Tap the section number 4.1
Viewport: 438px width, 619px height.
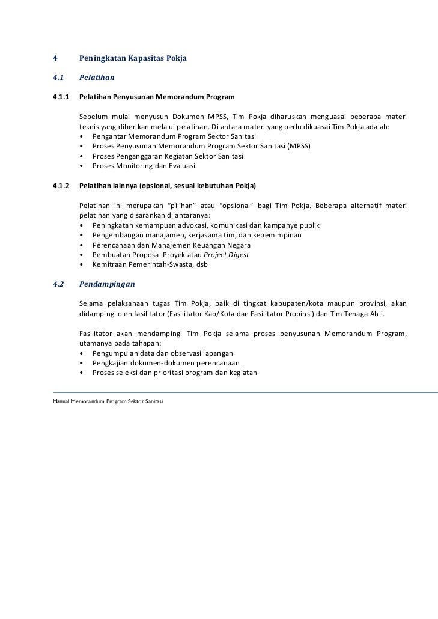[x=58, y=78]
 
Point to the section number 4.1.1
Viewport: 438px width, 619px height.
[x=61, y=96]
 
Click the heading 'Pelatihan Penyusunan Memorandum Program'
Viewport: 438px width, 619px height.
[x=157, y=96]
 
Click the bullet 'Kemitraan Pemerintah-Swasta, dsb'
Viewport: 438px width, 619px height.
[x=150, y=264]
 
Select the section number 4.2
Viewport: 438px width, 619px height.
[x=58, y=284]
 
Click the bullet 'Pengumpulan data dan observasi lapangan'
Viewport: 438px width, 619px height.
[x=162, y=353]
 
